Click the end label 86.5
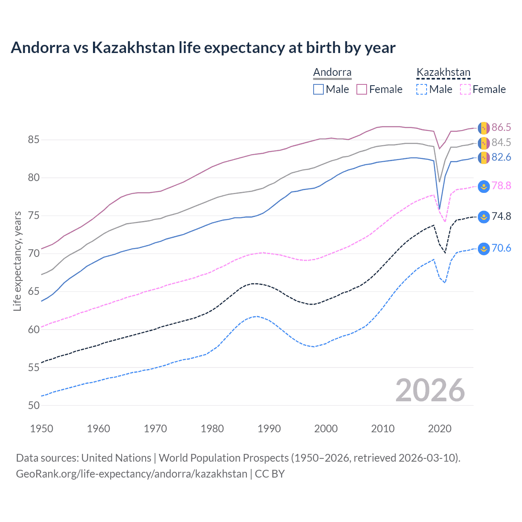tap(501, 127)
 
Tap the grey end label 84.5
tap(501, 142)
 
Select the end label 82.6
tap(501, 157)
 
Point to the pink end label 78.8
tap(501, 186)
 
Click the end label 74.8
tap(501, 216)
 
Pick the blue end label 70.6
tap(501, 248)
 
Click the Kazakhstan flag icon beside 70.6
tap(484, 248)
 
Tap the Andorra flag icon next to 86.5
tap(484, 128)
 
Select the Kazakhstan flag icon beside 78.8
tap(484, 186)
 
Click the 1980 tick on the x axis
tap(212, 429)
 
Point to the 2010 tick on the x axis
tap(383, 429)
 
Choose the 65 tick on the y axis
tap(34, 291)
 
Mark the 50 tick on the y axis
tap(34, 405)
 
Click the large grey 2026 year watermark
tap(430, 390)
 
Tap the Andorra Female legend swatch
tap(362, 89)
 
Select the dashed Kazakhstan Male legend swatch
tap(422, 89)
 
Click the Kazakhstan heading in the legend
tap(443, 73)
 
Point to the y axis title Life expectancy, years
tap(17, 261)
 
